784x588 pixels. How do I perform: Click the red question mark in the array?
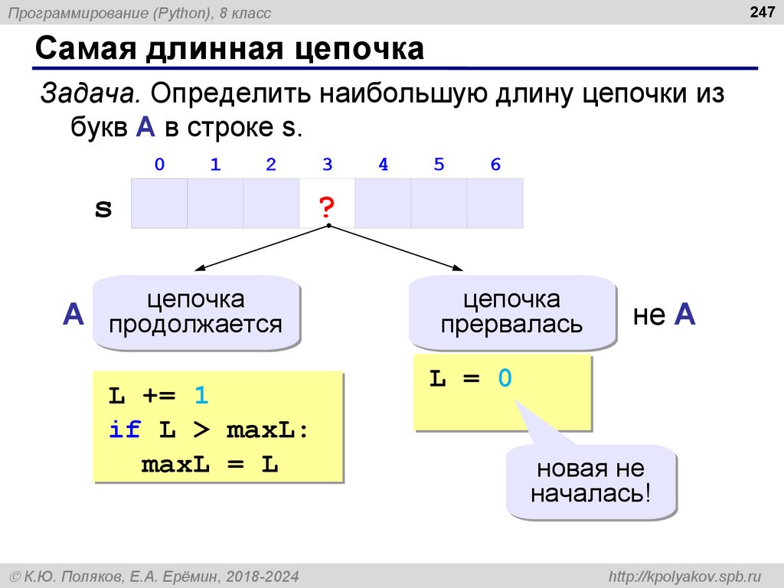[327, 206]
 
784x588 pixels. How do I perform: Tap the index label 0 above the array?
[158, 165]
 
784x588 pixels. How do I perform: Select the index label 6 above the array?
[495, 165]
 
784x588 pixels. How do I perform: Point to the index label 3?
[327, 165]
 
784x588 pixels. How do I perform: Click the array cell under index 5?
[439, 204]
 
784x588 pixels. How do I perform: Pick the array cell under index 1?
[215, 204]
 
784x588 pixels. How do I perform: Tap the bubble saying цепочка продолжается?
[195, 312]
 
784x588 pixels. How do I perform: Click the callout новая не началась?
[590, 480]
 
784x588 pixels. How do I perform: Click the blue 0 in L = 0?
[504, 378]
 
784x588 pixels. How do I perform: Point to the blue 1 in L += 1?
[201, 396]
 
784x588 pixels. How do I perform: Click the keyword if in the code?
[124, 430]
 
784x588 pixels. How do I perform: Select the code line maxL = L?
[209, 464]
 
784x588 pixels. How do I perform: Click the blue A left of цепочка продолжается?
[73, 315]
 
